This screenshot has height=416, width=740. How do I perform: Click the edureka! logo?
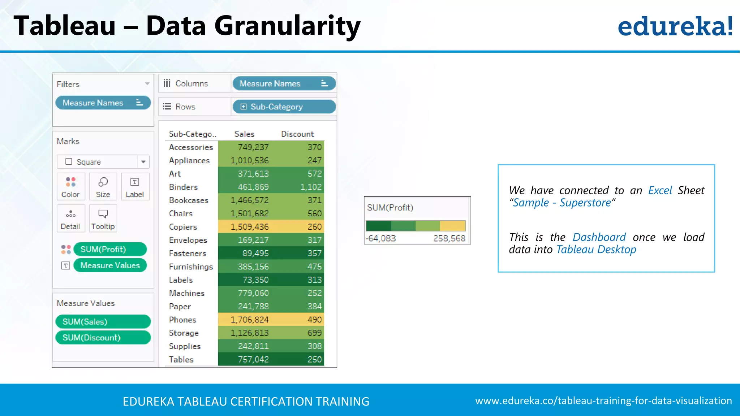click(x=675, y=26)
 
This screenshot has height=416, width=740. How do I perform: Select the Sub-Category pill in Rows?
click(x=284, y=107)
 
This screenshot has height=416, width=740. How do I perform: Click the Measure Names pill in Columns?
click(x=284, y=84)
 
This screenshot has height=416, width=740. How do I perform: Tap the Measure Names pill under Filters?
click(x=103, y=103)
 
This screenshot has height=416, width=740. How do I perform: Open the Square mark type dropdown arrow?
click(x=143, y=162)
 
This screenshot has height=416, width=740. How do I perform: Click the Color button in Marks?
click(x=70, y=187)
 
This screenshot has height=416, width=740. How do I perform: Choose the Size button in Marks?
click(x=103, y=187)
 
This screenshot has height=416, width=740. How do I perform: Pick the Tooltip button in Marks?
click(x=103, y=218)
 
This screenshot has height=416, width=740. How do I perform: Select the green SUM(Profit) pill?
click(x=110, y=250)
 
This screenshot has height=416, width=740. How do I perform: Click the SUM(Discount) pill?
click(x=103, y=338)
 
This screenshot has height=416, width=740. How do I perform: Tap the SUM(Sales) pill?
click(x=103, y=322)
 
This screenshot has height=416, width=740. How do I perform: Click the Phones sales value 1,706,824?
click(x=250, y=320)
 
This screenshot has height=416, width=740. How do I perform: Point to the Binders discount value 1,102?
click(x=311, y=187)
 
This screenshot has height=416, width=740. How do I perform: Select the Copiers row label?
click(x=183, y=227)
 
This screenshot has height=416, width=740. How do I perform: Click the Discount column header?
click(x=297, y=134)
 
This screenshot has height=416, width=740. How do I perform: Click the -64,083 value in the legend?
click(x=381, y=238)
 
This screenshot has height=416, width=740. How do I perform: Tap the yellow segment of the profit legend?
click(x=452, y=226)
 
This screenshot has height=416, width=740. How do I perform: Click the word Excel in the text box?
click(x=660, y=190)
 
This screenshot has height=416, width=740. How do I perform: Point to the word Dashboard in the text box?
click(x=599, y=237)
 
